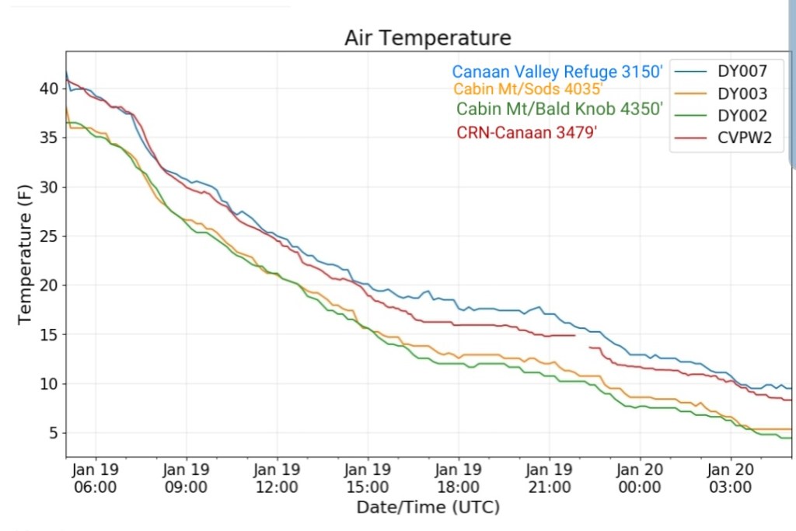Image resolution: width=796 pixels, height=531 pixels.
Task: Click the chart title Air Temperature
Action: (x=428, y=38)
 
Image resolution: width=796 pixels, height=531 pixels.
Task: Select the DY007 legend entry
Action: (x=742, y=72)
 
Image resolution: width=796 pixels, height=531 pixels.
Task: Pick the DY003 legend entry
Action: (x=742, y=94)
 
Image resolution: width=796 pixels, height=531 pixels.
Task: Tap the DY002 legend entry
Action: (x=742, y=117)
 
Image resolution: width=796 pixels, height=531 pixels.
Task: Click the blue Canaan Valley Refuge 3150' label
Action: (x=557, y=72)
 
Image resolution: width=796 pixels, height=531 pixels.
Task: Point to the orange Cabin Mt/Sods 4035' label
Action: (x=528, y=89)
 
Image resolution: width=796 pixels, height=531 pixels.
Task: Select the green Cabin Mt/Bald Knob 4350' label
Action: (x=560, y=109)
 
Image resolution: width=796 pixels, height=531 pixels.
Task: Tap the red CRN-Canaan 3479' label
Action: (x=526, y=132)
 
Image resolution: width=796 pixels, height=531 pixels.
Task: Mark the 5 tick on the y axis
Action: (x=54, y=433)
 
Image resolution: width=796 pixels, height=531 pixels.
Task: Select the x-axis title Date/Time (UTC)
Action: (x=428, y=508)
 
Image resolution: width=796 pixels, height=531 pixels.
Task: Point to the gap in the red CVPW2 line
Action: (x=582, y=341)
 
